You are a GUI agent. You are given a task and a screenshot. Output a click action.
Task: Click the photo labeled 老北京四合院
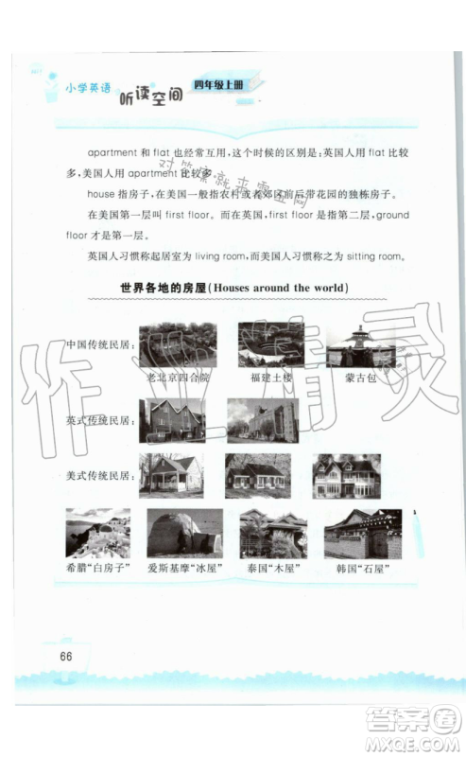click(178, 345)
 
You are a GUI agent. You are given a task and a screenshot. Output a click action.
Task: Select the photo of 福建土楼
click(269, 344)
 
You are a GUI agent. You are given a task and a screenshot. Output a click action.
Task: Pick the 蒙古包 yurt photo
click(360, 347)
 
